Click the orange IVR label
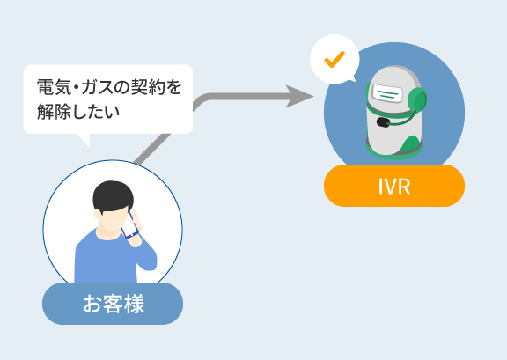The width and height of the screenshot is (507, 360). (394, 186)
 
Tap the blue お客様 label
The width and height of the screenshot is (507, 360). (113, 304)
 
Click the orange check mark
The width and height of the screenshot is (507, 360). (334, 59)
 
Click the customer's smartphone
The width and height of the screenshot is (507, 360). (129, 224)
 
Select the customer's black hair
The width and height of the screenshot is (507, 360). (113, 196)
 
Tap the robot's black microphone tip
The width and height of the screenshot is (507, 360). (383, 122)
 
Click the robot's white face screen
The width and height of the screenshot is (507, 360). (387, 92)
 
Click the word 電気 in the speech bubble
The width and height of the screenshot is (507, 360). (54, 87)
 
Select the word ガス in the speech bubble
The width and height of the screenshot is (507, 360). (99, 87)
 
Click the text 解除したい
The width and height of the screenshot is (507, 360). (78, 111)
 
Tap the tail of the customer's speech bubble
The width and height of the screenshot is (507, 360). (84, 139)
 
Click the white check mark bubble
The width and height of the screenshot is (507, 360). (334, 59)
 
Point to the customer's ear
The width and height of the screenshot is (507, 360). (98, 215)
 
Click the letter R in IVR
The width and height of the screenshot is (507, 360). (403, 187)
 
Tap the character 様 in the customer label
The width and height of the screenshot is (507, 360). (134, 304)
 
